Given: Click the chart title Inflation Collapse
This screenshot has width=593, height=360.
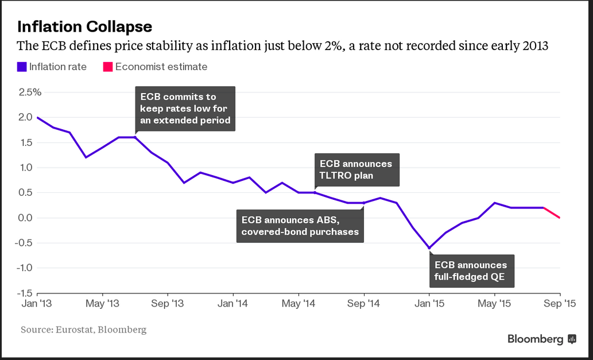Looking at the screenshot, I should tap(84, 26).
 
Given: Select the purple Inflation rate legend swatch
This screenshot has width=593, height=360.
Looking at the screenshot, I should tap(22, 67).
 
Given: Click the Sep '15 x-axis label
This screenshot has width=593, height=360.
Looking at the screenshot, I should tap(560, 303).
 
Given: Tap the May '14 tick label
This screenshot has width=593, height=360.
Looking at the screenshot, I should tap(299, 303).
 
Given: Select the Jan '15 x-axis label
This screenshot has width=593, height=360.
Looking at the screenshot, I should tap(429, 303).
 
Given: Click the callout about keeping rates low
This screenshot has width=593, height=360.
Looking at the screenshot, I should tap(185, 109).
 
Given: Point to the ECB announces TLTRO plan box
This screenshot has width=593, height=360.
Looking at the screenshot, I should tap(356, 169).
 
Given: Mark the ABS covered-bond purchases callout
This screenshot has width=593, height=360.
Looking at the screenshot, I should tap(300, 226).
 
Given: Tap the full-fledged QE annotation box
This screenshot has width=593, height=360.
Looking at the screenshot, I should tap(471, 270).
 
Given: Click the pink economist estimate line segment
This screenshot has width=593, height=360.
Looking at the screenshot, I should tap(552, 212).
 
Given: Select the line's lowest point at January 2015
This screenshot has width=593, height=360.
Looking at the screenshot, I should tap(429, 249).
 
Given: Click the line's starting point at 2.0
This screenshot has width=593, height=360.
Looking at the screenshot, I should tap(37, 118).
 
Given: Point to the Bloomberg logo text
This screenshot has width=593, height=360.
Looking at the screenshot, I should tap(535, 339).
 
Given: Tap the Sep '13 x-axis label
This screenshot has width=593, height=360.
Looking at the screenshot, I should tap(168, 303).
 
